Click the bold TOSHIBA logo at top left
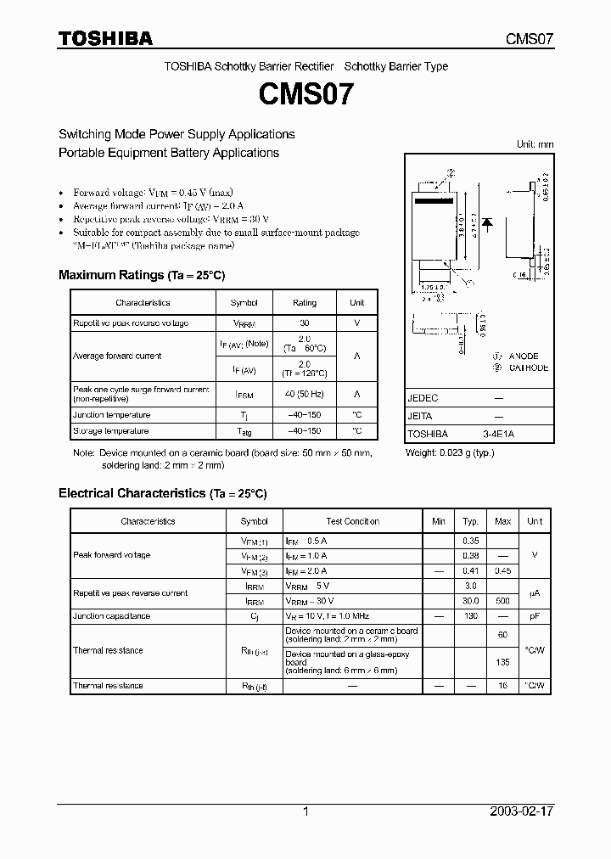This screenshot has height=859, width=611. coord(105,38)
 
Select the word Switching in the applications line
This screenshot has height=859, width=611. coord(84,134)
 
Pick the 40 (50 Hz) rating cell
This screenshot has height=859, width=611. coord(305,395)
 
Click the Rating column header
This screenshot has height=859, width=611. coord(305,303)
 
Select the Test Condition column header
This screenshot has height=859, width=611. coord(352,522)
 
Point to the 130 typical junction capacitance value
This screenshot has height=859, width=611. coord(471,616)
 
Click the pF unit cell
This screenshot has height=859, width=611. coord(535,616)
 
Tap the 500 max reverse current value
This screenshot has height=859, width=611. coord(502,601)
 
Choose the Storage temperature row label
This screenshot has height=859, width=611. coord(111,431)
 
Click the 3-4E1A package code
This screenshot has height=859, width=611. coord(498,434)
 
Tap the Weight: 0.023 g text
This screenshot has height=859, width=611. coord(450,453)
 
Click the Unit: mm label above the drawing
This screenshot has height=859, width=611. coord(535,144)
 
